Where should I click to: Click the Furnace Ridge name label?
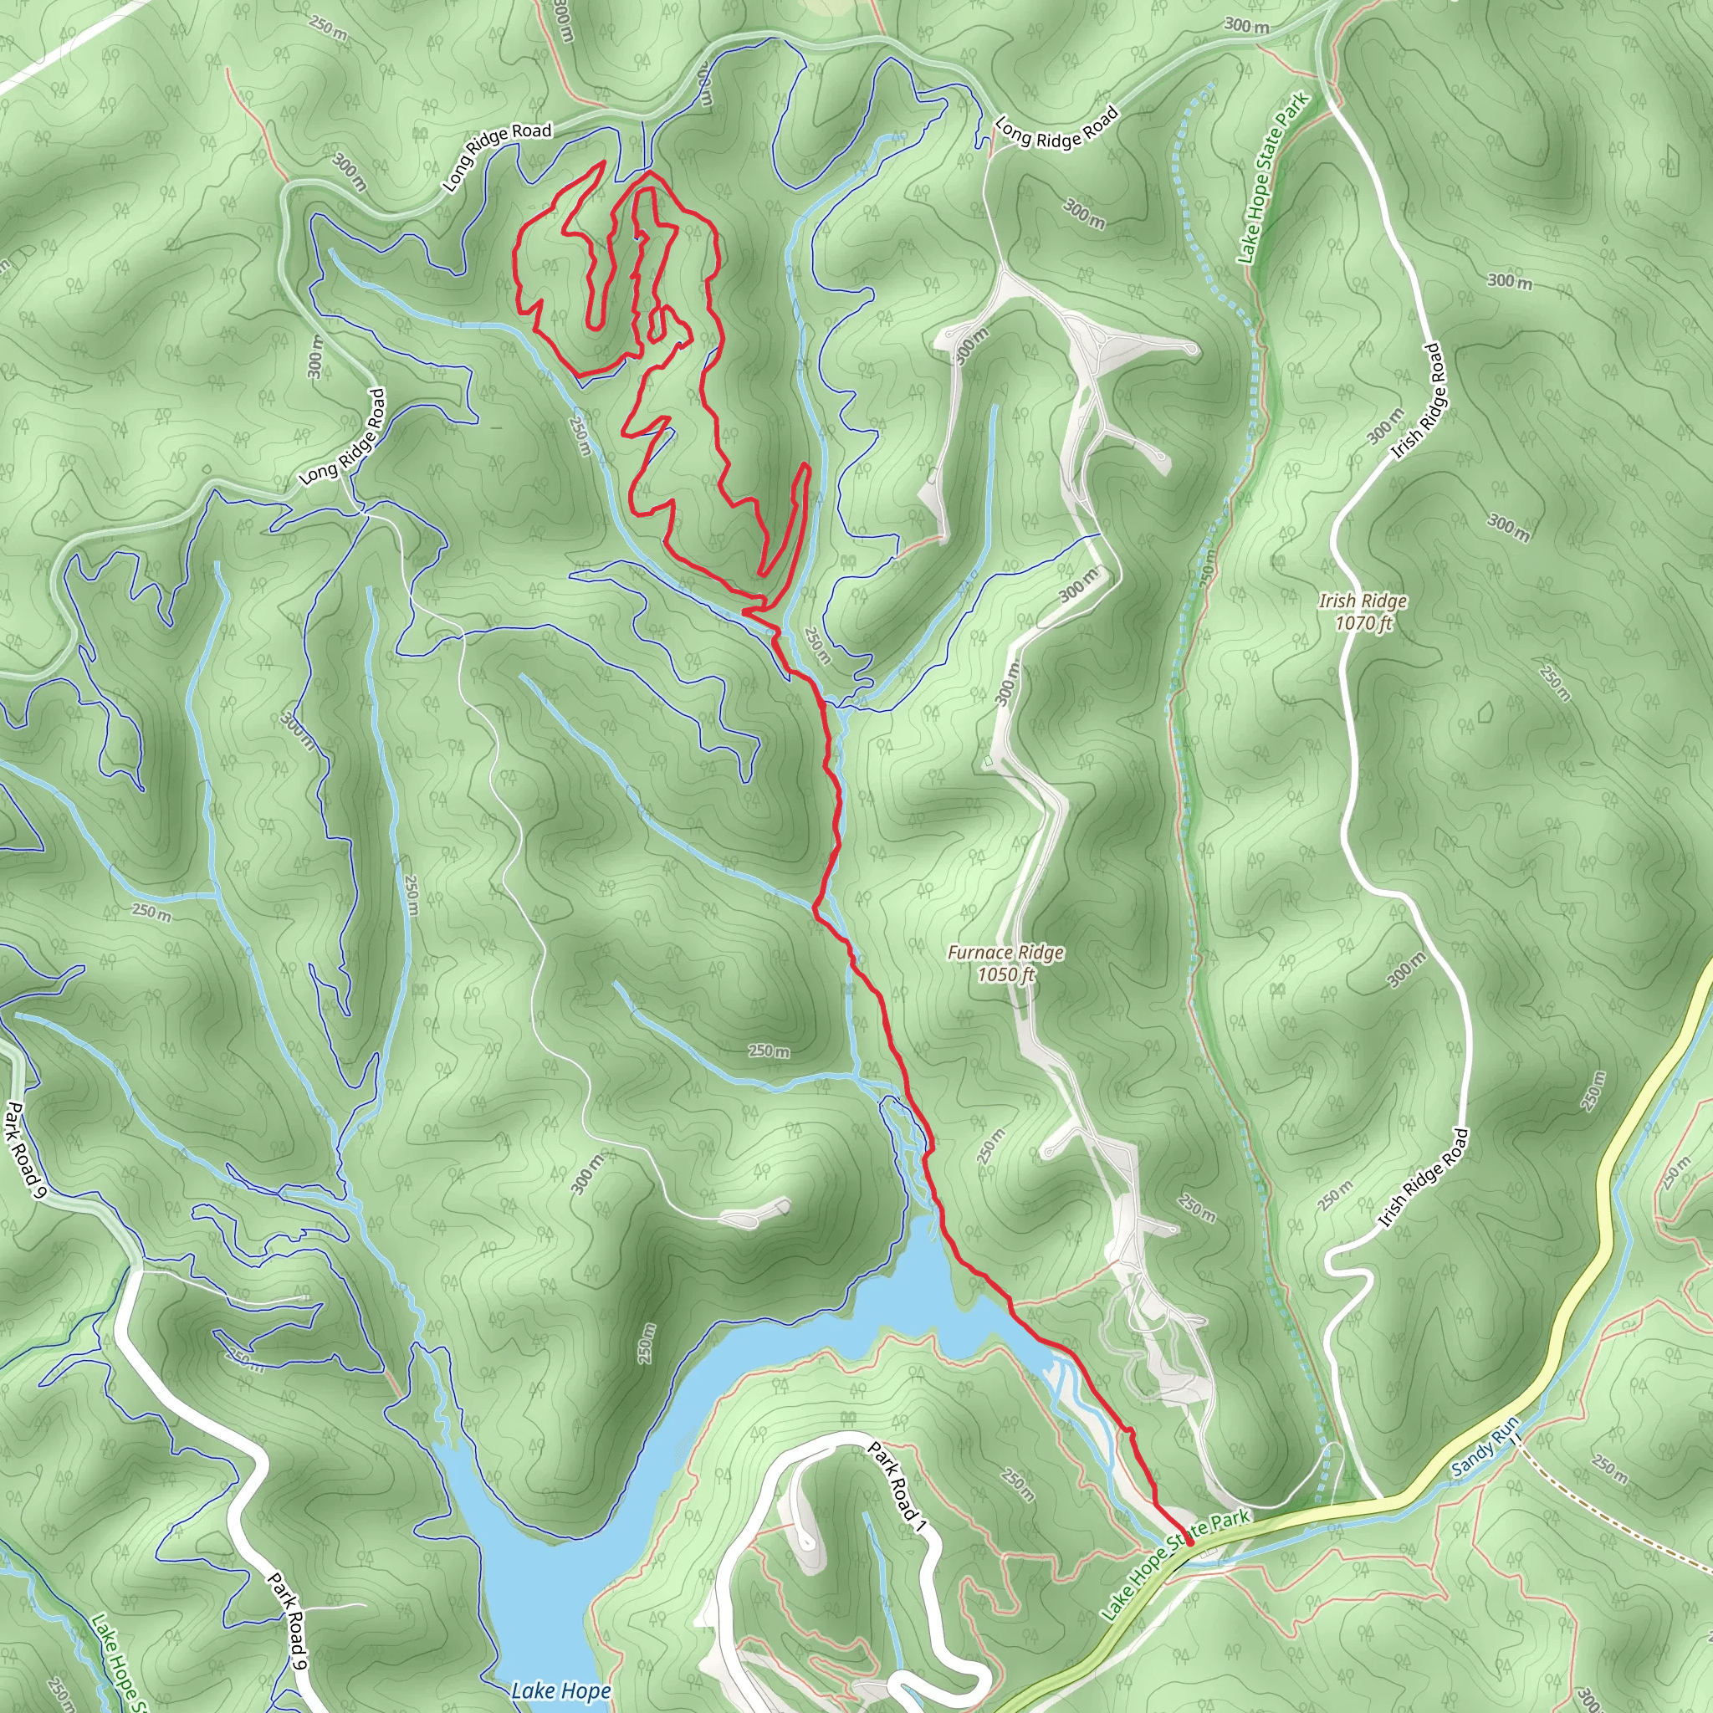(1005, 952)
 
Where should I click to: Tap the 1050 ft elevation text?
(1005, 975)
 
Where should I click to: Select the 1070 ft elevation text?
(1363, 623)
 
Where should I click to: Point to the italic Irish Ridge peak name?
(1363, 601)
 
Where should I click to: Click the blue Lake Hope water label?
(560, 1690)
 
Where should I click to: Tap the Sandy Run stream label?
(1486, 1447)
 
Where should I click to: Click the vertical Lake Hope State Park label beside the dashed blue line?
(1273, 178)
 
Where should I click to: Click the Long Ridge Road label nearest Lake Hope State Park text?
(1057, 127)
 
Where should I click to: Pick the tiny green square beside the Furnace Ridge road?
(988, 762)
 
